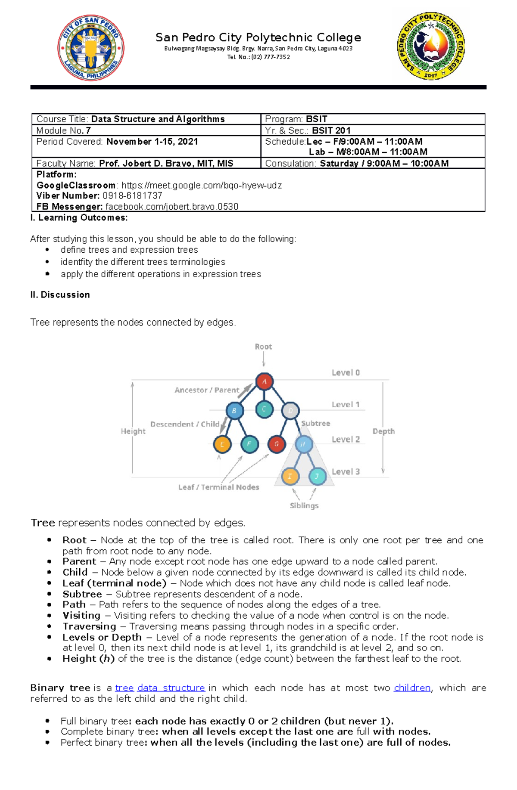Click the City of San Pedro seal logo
click(x=91, y=48)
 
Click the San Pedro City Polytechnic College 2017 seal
click(x=431, y=46)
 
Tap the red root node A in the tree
click(x=265, y=381)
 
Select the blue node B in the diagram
click(x=234, y=410)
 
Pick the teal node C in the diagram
click(x=264, y=409)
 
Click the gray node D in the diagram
click(x=290, y=411)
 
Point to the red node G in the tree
click(x=277, y=444)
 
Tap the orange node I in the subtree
click(x=290, y=476)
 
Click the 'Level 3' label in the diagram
click(x=346, y=471)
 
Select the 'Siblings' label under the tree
click(x=304, y=505)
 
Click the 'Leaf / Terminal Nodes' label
click(x=218, y=487)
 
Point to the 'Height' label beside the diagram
click(x=133, y=431)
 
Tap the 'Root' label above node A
click(x=263, y=347)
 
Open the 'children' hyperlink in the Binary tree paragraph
click(x=412, y=688)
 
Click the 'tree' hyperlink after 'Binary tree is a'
click(x=124, y=688)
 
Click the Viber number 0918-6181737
click(x=132, y=195)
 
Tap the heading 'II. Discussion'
click(x=60, y=294)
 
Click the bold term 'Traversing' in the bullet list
click(x=89, y=626)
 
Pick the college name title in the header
click(x=258, y=37)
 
